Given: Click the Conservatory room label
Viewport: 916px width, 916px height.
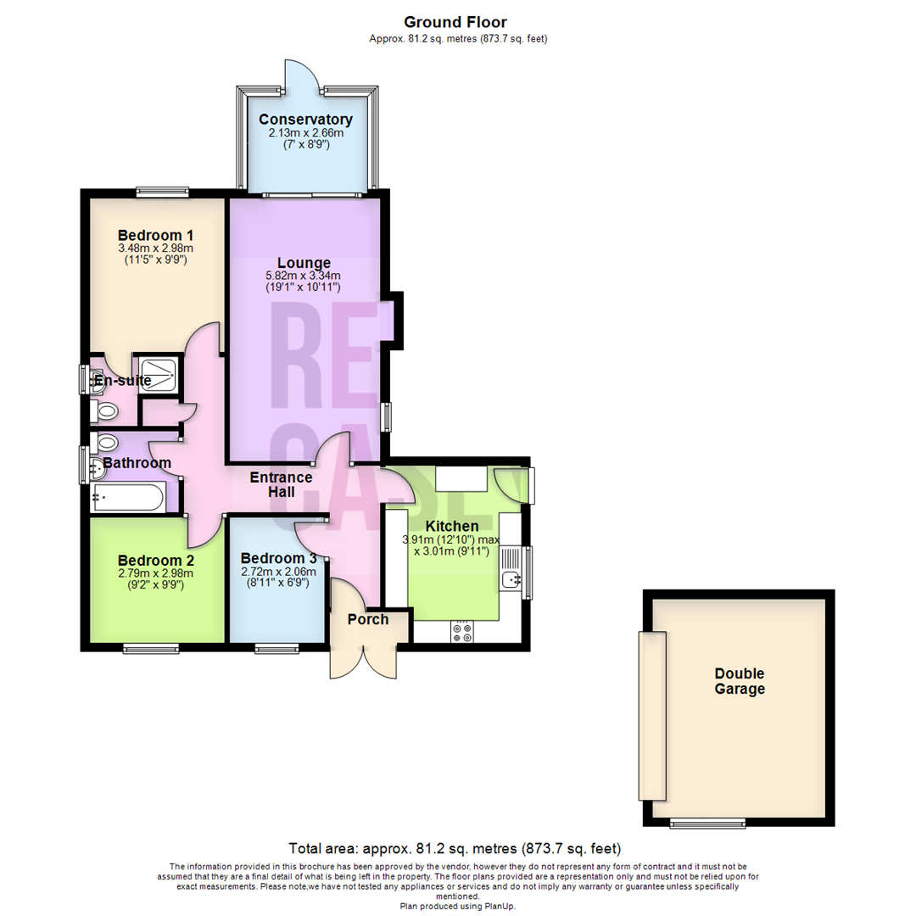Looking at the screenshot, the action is (x=305, y=120).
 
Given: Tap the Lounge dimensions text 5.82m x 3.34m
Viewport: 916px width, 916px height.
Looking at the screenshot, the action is (x=303, y=275).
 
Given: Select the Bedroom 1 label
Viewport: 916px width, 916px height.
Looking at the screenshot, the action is (x=155, y=236).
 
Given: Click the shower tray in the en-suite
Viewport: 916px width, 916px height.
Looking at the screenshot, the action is (x=158, y=374).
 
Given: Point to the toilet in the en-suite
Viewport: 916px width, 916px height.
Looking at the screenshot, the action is (x=104, y=411).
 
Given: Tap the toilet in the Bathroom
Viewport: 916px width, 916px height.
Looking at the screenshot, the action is (x=104, y=442).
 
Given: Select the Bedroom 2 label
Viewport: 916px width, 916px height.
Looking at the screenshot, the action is (x=156, y=561).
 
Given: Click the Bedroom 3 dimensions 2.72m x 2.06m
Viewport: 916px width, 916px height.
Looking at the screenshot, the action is (x=279, y=572).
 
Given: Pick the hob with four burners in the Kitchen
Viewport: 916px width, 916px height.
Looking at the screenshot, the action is (x=462, y=632).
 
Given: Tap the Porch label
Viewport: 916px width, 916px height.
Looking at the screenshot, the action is (x=368, y=619).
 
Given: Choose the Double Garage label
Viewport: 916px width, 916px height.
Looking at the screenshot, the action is (x=740, y=681).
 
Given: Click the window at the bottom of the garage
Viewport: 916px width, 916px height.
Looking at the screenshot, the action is (x=707, y=824).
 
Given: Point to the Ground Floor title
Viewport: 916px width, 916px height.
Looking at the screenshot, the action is (x=455, y=22).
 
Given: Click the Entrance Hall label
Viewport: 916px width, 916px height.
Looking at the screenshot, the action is (x=281, y=485).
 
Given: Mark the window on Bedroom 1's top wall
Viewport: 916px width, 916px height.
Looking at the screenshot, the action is (x=162, y=191).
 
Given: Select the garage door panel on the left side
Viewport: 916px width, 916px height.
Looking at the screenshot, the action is (x=652, y=716).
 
